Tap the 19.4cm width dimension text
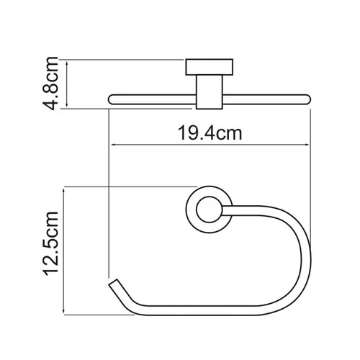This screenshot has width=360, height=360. pyautogui.click(x=210, y=132)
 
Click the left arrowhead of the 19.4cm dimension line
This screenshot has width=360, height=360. pyautogui.click(x=114, y=147)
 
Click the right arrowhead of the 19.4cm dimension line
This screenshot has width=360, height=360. pyautogui.click(x=307, y=147)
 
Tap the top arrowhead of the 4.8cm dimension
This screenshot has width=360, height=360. pyautogui.click(x=66, y=63)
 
